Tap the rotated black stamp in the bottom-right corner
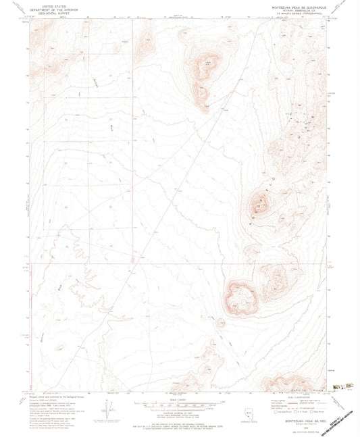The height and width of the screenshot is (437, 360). [336, 414]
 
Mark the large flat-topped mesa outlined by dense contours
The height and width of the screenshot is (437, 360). [241, 297]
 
